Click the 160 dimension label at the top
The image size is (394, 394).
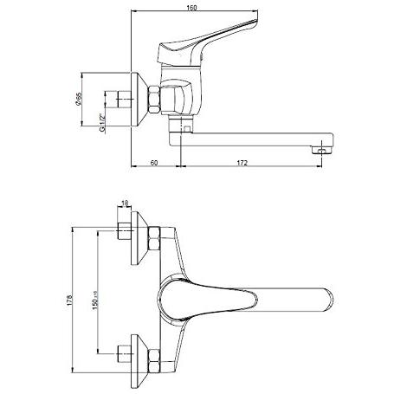(191, 8)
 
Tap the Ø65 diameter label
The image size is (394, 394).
(78, 99)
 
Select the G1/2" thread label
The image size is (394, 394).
(102, 123)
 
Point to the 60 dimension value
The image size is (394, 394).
(154, 163)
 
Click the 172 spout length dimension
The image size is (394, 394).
(242, 163)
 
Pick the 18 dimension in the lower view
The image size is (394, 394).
(125, 203)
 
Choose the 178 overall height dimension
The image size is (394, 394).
(69, 300)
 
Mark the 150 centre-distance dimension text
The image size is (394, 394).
(95, 300)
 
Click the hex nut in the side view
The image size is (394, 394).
(154, 100)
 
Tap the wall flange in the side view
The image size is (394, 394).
(139, 100)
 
